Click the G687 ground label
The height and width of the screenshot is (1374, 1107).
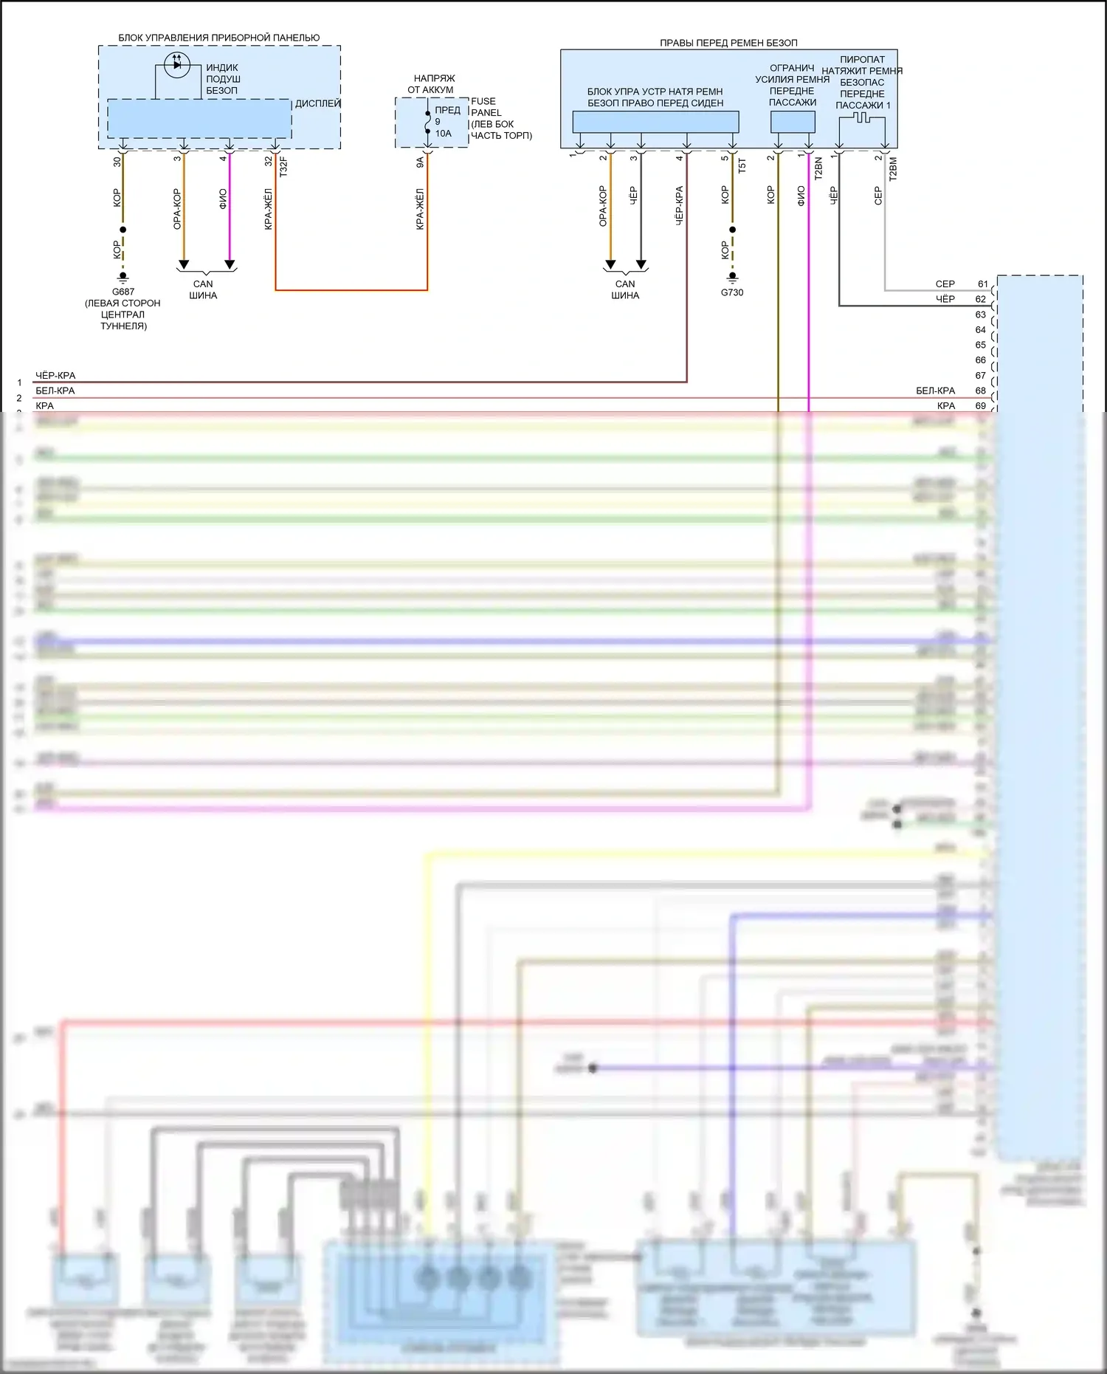(123, 292)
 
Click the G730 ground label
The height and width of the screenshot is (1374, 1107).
(732, 292)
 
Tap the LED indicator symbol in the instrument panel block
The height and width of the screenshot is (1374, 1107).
(177, 65)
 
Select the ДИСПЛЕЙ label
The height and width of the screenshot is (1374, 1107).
(317, 103)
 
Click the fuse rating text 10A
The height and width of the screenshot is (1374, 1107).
(443, 134)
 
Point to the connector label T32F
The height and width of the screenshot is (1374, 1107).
(283, 166)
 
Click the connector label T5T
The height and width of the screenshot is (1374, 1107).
(742, 165)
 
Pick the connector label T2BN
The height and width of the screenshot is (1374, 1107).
(818, 168)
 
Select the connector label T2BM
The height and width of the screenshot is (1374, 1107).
(893, 168)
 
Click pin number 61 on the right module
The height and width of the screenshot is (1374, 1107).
(982, 284)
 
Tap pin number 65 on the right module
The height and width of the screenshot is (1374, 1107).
(980, 345)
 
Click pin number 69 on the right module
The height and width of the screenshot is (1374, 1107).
(980, 405)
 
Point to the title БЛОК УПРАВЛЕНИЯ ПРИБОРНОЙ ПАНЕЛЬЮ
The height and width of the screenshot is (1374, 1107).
(219, 38)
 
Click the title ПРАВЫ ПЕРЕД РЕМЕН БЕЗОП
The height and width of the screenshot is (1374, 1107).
(728, 43)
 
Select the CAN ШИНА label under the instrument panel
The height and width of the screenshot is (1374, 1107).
(203, 289)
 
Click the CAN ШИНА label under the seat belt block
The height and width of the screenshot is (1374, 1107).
(625, 289)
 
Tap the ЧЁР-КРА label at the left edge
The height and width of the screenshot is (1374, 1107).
(55, 375)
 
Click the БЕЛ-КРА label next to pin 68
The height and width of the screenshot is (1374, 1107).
(935, 391)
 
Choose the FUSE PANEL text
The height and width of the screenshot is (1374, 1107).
(486, 107)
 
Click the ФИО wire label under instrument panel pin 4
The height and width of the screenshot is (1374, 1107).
(223, 199)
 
